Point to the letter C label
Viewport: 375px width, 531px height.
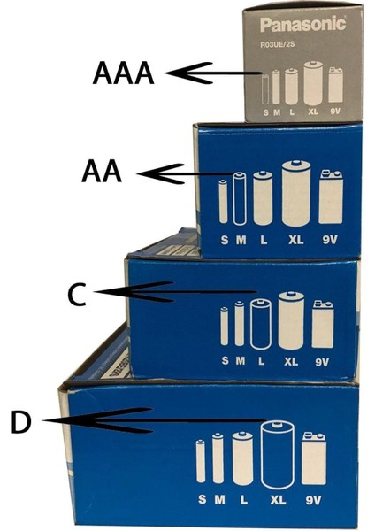click(78, 295)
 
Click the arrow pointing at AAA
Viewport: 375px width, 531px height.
click(212, 74)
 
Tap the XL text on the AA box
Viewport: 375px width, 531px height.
click(294, 240)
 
